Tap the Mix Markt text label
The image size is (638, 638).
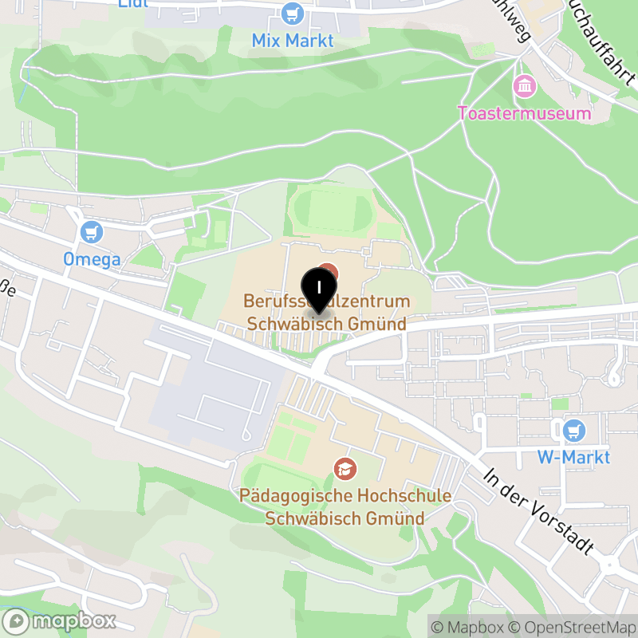[293, 40]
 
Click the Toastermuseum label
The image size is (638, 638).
[525, 112]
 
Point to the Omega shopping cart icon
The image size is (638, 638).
[93, 233]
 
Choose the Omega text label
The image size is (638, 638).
[93, 259]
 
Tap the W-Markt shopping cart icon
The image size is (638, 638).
[573, 431]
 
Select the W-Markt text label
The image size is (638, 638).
[573, 457]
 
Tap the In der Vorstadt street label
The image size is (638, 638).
[540, 510]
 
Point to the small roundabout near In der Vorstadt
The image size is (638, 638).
[610, 564]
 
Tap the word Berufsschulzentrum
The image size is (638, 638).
[326, 302]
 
